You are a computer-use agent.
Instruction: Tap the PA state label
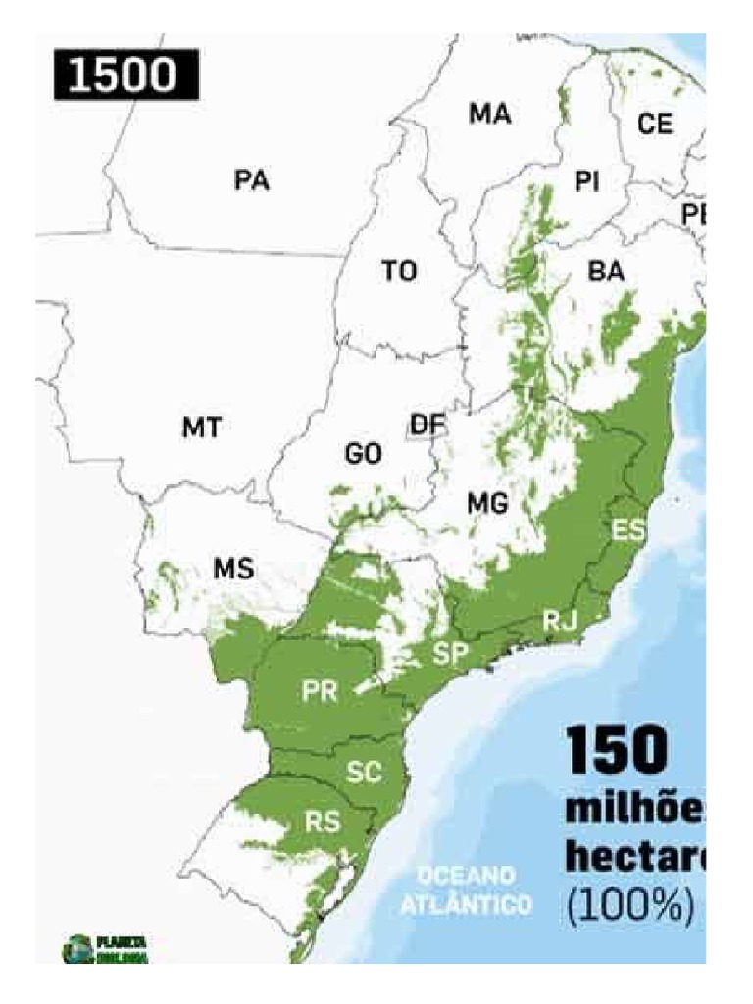(252, 180)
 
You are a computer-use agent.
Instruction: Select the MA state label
(489, 115)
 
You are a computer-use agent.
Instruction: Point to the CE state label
(655, 125)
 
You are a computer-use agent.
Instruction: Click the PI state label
(587, 181)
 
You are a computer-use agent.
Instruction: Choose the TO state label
(399, 272)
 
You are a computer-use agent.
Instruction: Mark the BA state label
(606, 273)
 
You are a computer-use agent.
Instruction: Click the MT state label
(201, 427)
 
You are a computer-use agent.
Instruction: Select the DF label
(427, 425)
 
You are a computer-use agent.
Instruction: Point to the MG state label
(487, 504)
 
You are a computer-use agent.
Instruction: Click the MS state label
(233, 569)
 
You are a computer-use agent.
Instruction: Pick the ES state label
(628, 530)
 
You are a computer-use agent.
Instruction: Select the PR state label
(320, 691)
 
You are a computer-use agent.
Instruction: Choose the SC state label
(364, 773)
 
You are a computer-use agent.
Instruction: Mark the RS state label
(322, 823)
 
